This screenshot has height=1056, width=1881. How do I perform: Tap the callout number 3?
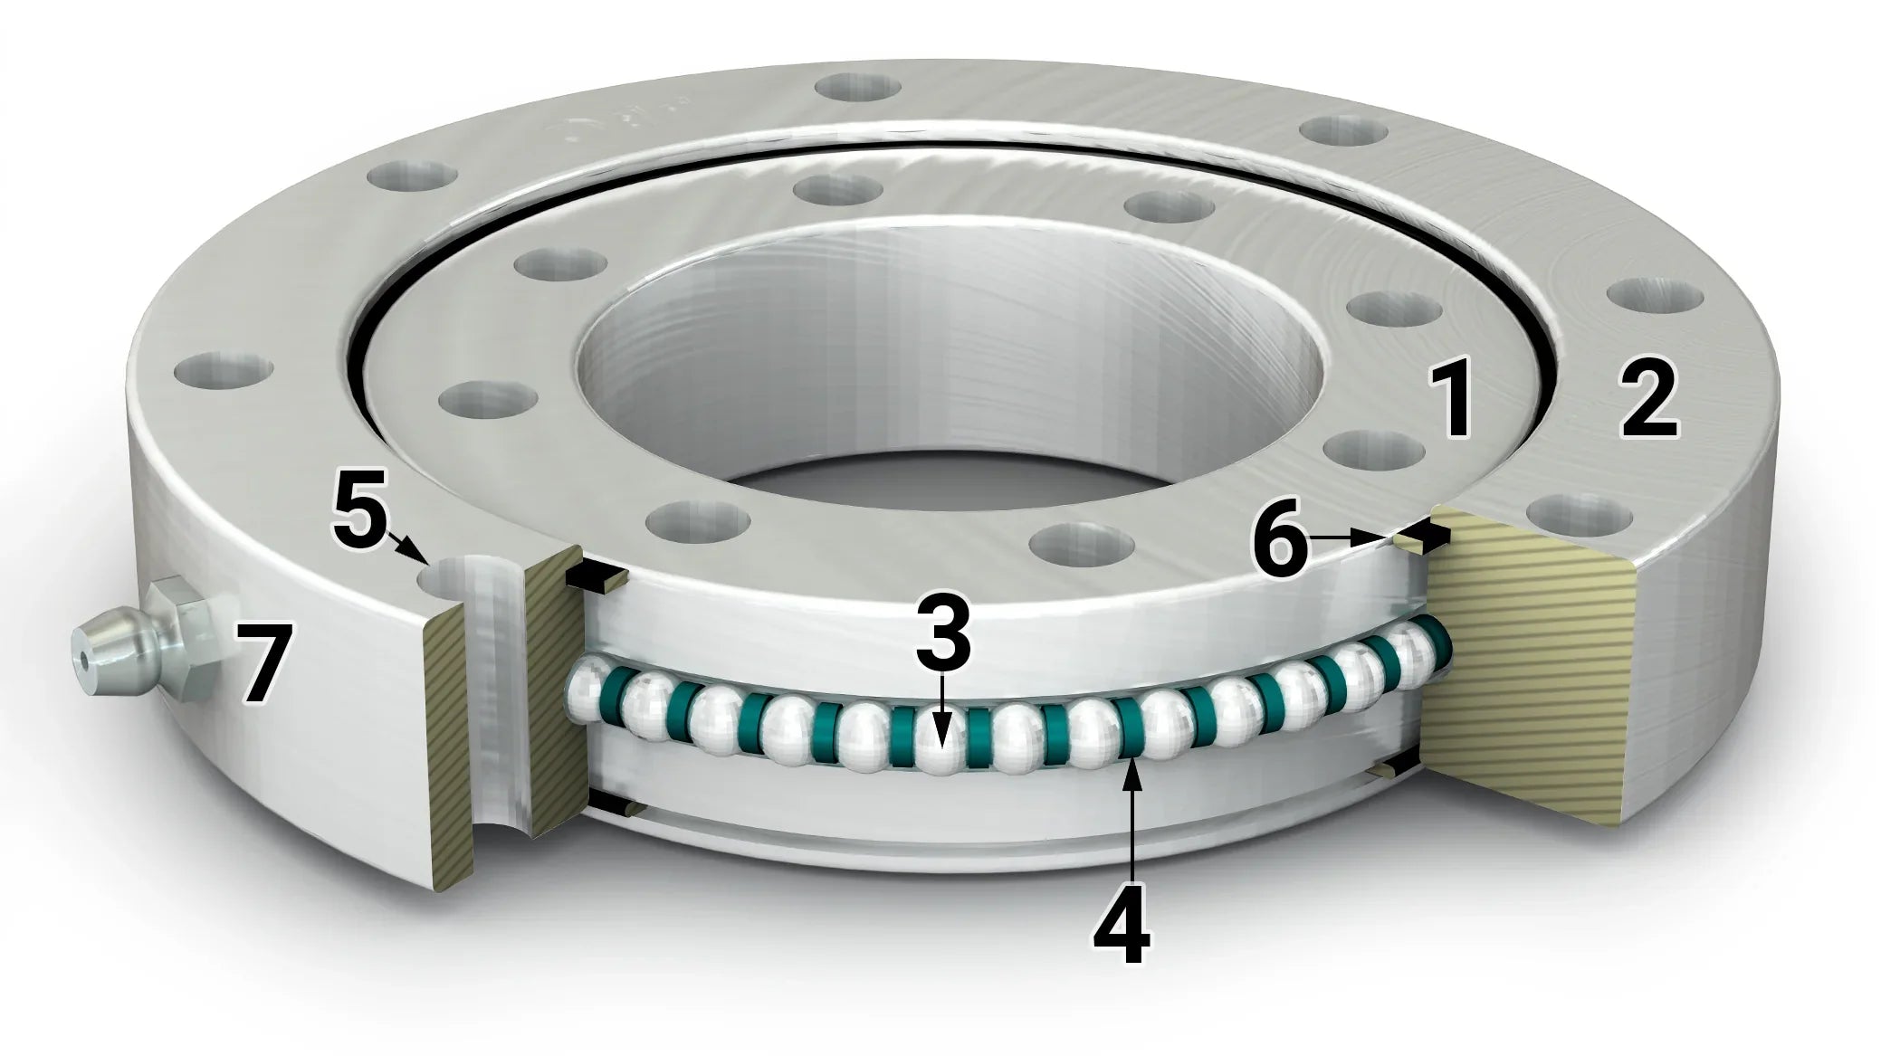click(941, 633)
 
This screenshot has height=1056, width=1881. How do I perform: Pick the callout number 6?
click(1278, 547)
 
